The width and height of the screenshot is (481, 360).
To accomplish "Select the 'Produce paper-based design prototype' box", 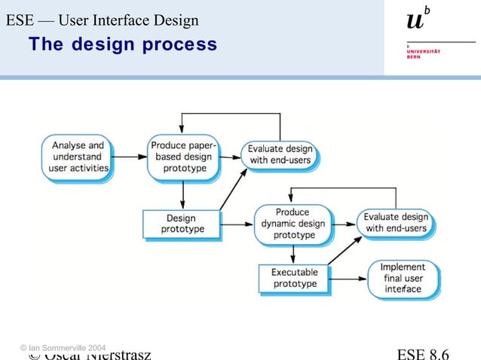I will click(181, 157).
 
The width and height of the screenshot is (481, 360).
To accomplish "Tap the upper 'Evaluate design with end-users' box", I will click(279, 154).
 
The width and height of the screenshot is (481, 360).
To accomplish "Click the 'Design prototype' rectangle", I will click(181, 224).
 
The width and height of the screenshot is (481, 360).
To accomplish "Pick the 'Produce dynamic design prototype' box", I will click(291, 224).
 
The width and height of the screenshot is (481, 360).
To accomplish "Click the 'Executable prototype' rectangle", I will click(295, 278).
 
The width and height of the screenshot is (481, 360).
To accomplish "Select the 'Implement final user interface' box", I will click(403, 278).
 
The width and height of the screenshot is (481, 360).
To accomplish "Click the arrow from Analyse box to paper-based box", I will click(129, 157).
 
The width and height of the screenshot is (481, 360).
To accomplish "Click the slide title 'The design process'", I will click(123, 44).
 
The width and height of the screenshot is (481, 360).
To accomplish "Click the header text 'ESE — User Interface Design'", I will click(103, 20).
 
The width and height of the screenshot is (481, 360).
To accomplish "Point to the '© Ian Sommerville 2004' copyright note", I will click(63, 346).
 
